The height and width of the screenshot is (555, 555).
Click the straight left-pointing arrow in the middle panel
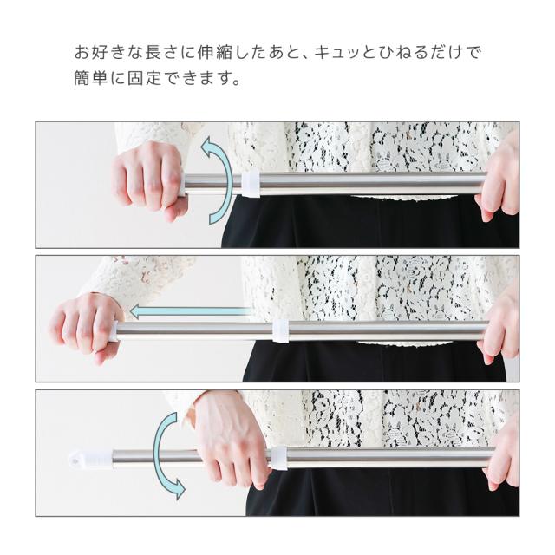click(x=191, y=312)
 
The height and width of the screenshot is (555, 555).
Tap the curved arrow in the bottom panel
click(x=163, y=457)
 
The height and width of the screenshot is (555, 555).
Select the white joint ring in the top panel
click(x=251, y=185)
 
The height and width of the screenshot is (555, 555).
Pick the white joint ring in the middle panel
click(x=280, y=331)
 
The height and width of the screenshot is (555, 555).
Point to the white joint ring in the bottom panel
click(x=278, y=459)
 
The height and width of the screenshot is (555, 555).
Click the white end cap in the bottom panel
click(x=91, y=459)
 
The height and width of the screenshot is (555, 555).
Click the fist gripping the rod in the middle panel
click(x=87, y=328)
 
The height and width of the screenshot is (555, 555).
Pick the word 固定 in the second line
click(x=144, y=78)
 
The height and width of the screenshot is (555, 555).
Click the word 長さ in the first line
click(x=161, y=52)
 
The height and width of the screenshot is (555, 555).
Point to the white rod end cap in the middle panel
click(x=113, y=331)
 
